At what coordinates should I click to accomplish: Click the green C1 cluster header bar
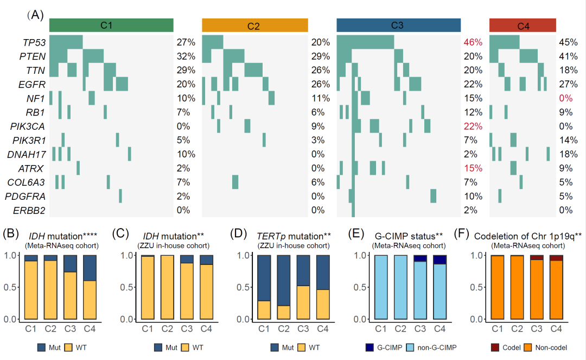pyautogui.click(x=111, y=25)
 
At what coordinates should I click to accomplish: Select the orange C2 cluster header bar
pyautogui.click(x=254, y=26)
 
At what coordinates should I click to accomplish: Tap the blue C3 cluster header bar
pyautogui.click(x=398, y=25)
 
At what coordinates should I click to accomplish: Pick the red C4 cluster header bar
pyautogui.click(x=524, y=26)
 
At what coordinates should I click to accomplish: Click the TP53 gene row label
pyautogui.click(x=34, y=42)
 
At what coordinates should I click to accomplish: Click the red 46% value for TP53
pyautogui.click(x=473, y=42)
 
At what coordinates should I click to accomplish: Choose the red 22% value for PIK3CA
pyautogui.click(x=473, y=126)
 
